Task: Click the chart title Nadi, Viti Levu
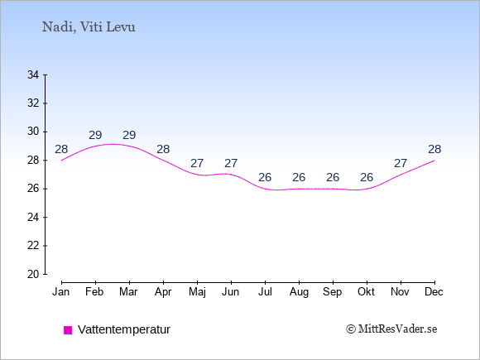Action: (x=89, y=27)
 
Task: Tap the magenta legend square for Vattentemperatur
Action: (x=68, y=330)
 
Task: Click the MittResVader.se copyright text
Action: (x=391, y=329)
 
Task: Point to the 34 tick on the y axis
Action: (x=33, y=74)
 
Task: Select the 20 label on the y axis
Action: (x=33, y=274)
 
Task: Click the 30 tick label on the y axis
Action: (x=33, y=132)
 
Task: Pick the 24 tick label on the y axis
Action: (x=33, y=218)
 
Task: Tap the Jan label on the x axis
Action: (x=61, y=292)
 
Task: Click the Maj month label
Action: (x=197, y=292)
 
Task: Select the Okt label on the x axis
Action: (x=366, y=292)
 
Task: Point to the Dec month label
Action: (x=434, y=292)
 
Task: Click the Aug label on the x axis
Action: (x=299, y=292)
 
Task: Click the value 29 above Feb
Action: (x=95, y=135)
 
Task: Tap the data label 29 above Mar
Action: (x=129, y=135)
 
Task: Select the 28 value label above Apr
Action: (x=163, y=150)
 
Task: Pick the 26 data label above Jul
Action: (x=265, y=177)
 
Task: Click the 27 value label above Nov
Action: (x=401, y=164)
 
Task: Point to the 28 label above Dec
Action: (x=434, y=150)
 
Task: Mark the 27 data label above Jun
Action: (x=231, y=164)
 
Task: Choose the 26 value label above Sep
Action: (x=333, y=177)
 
